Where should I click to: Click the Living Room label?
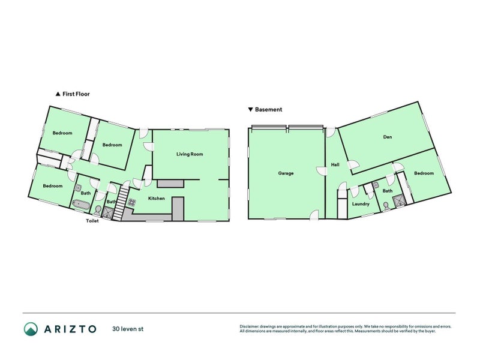click(190, 154)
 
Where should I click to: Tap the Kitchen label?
click(157, 199)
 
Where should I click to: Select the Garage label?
click(286, 173)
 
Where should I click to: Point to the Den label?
click(387, 137)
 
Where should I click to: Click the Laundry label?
click(361, 204)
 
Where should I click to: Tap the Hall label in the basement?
click(335, 165)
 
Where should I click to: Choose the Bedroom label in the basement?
click(424, 173)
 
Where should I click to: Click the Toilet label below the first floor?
click(92, 221)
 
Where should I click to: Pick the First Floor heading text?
click(76, 94)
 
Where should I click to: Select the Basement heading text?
click(268, 110)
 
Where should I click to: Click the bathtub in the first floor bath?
click(81, 205)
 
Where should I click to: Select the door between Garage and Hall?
click(322, 171)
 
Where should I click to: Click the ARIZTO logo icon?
click(31, 329)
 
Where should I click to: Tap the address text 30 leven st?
click(127, 329)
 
